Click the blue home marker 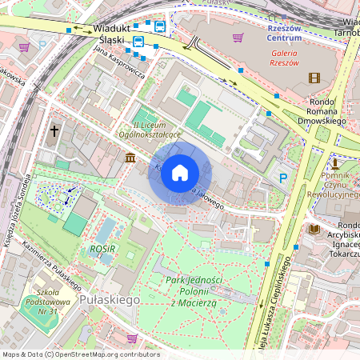click(x=180, y=172)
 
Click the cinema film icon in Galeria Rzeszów click(x=314, y=78)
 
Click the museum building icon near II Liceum click(x=130, y=158)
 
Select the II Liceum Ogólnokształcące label click(x=158, y=131)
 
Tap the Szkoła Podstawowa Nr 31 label click(x=51, y=302)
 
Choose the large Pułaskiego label click(x=110, y=298)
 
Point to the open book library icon click(x=314, y=230)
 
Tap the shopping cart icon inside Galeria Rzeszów click(x=237, y=37)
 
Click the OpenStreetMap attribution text click(x=81, y=354)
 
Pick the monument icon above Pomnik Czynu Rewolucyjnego click(x=335, y=162)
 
